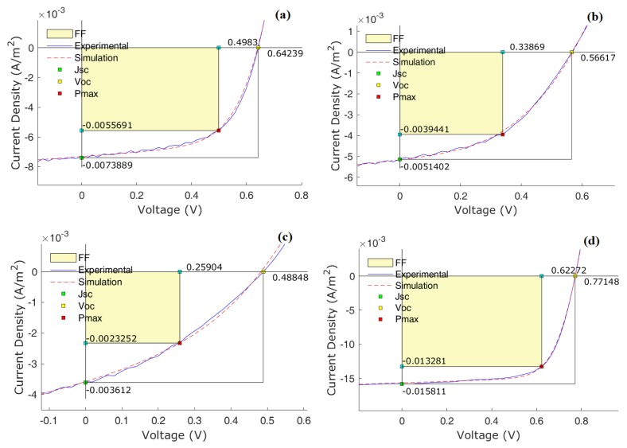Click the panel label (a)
tap(288, 14)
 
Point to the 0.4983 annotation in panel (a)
tap(243, 41)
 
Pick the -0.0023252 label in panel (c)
tap(114, 337)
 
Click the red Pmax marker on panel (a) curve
tap(219, 131)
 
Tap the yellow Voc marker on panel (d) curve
tap(574, 276)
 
